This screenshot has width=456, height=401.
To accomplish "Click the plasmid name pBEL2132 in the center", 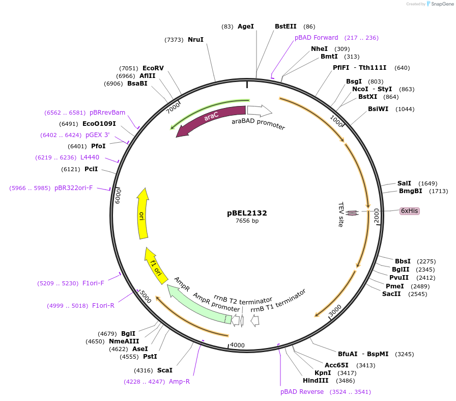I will point(247,213).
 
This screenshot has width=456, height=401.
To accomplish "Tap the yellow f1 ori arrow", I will point(155,264).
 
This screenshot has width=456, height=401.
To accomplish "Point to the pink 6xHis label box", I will point(410,210).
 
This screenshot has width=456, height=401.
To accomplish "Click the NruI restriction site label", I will point(195,40).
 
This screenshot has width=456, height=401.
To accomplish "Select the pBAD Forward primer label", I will point(316,38).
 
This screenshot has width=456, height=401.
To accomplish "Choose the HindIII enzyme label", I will point(316,381).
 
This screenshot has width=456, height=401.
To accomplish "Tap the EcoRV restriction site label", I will point(153,68).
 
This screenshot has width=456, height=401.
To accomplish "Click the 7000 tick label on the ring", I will point(174,107).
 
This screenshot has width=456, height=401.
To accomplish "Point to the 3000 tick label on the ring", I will point(334,310).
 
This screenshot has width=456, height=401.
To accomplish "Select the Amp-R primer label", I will point(179,381).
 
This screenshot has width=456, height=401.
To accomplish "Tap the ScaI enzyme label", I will point(164,370).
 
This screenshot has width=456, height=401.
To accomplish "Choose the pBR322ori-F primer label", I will point(73,188).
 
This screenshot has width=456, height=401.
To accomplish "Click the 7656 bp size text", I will point(247,221).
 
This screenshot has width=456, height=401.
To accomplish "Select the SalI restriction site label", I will point(404,183).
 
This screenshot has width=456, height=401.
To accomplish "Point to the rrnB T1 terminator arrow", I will point(255,320).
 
